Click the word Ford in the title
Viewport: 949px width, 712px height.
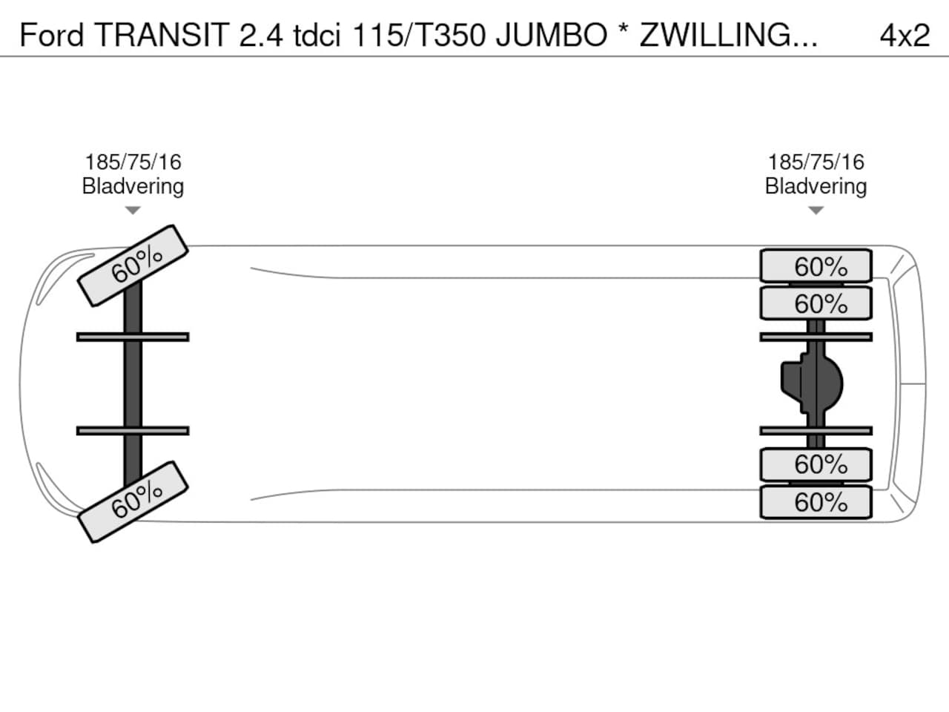pyautogui.click(x=51, y=35)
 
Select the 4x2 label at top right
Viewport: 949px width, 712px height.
pyautogui.click(x=904, y=35)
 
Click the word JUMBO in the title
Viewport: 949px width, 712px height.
pyautogui.click(x=551, y=35)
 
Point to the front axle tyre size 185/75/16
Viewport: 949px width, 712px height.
pyautogui.click(x=133, y=162)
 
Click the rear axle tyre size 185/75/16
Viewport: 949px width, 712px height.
pyautogui.click(x=816, y=162)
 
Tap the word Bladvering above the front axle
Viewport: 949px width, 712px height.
pyautogui.click(x=133, y=186)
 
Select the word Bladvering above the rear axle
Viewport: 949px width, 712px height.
pyautogui.click(x=816, y=186)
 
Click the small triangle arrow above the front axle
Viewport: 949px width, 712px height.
pyautogui.click(x=133, y=211)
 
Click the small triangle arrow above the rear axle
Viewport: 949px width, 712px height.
pyautogui.click(x=816, y=211)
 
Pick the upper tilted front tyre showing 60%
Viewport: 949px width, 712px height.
pyautogui.click(x=133, y=265)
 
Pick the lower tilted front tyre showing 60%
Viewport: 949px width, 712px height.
pyautogui.click(x=133, y=502)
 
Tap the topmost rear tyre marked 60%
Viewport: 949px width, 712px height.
pyautogui.click(x=816, y=266)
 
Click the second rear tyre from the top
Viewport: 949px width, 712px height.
pyautogui.click(x=816, y=303)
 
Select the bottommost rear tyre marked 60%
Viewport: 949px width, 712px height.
pyautogui.click(x=816, y=502)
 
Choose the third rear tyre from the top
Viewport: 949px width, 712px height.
pyautogui.click(x=816, y=464)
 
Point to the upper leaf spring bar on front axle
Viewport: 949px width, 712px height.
pyautogui.click(x=133, y=337)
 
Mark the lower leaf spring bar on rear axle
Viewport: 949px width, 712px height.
pyautogui.click(x=816, y=431)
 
